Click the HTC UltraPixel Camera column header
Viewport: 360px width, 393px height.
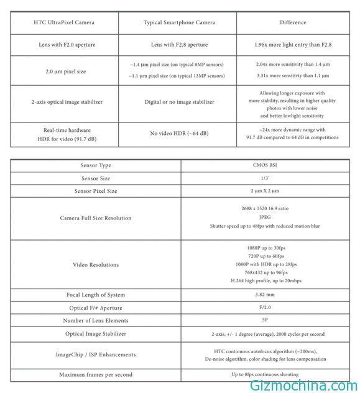point(65,23)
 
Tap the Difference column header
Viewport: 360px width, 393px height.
point(293,23)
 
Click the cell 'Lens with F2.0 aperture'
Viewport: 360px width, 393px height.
point(65,45)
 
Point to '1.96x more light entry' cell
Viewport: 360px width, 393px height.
point(293,45)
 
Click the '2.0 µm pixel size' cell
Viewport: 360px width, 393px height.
point(65,72)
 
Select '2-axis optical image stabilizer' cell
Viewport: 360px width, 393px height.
point(65,102)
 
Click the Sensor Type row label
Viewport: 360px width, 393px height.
point(96,166)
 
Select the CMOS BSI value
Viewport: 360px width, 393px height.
point(270,166)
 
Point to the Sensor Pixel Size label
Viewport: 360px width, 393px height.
point(96,191)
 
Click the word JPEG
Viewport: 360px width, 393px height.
point(270,218)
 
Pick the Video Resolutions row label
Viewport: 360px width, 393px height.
point(96,265)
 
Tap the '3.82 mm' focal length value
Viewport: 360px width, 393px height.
point(270,295)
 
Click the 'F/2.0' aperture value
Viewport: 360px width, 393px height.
point(270,308)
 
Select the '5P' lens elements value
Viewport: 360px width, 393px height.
point(270,320)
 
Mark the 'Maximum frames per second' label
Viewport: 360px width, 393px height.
point(96,375)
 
